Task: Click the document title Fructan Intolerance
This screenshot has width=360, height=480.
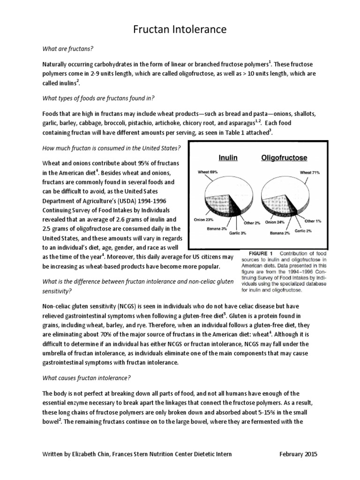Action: pos(180,30)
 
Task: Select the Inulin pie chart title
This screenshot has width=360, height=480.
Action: pos(226,158)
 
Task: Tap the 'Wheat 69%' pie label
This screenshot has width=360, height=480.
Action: pos(207,172)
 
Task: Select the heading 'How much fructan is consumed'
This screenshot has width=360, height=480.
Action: pos(111,148)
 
